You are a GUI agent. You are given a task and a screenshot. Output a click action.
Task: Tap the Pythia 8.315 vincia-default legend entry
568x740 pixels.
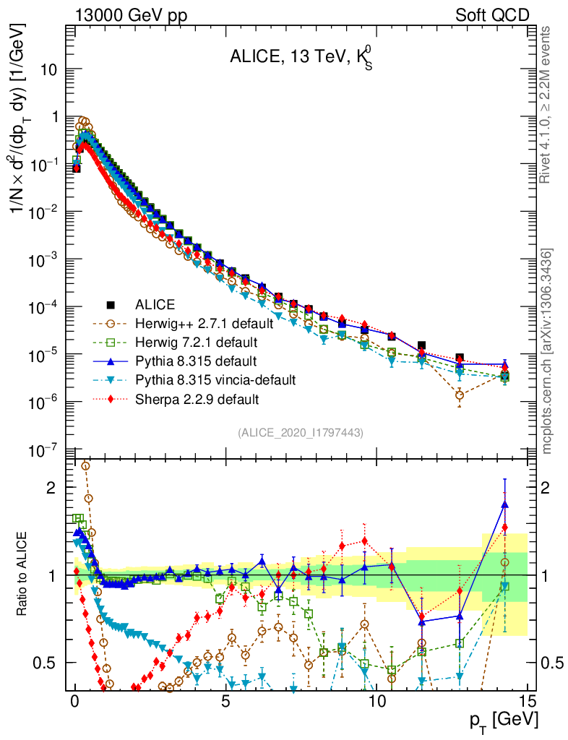point(214,379)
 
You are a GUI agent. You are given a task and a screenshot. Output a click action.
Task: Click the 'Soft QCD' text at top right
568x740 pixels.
point(492,15)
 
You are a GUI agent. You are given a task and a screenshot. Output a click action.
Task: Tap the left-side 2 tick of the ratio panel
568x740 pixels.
point(51,488)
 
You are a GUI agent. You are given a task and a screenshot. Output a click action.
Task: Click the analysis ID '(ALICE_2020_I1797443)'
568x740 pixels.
point(301,432)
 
